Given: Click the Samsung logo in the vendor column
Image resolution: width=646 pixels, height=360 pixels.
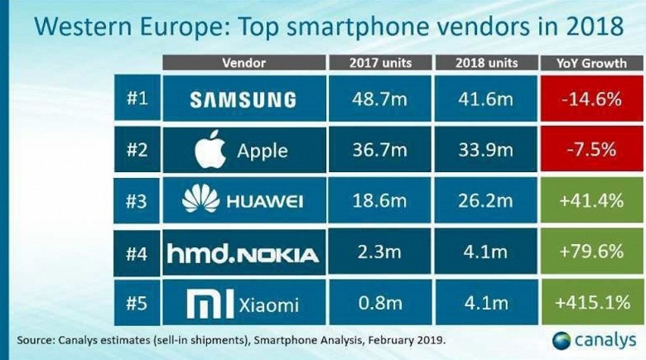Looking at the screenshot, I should click(x=243, y=99).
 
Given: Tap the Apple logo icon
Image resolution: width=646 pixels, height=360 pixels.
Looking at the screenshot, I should click(x=211, y=150).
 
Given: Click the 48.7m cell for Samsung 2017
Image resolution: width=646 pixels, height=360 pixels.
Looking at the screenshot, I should click(x=379, y=99).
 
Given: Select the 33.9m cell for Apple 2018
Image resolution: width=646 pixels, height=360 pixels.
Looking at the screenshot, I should click(x=486, y=150).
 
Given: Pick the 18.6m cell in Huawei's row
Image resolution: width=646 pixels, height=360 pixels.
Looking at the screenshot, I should click(x=379, y=201).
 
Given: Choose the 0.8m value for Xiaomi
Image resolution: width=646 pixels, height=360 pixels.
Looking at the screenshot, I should click(x=379, y=305).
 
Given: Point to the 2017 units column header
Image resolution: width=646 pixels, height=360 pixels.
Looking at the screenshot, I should click(x=379, y=63).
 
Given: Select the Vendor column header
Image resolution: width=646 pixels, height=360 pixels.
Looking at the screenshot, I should click(x=243, y=63).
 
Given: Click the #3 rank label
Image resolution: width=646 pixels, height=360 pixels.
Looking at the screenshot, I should click(x=136, y=201).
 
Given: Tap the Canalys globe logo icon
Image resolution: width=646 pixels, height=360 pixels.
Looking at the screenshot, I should click(x=562, y=340).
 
